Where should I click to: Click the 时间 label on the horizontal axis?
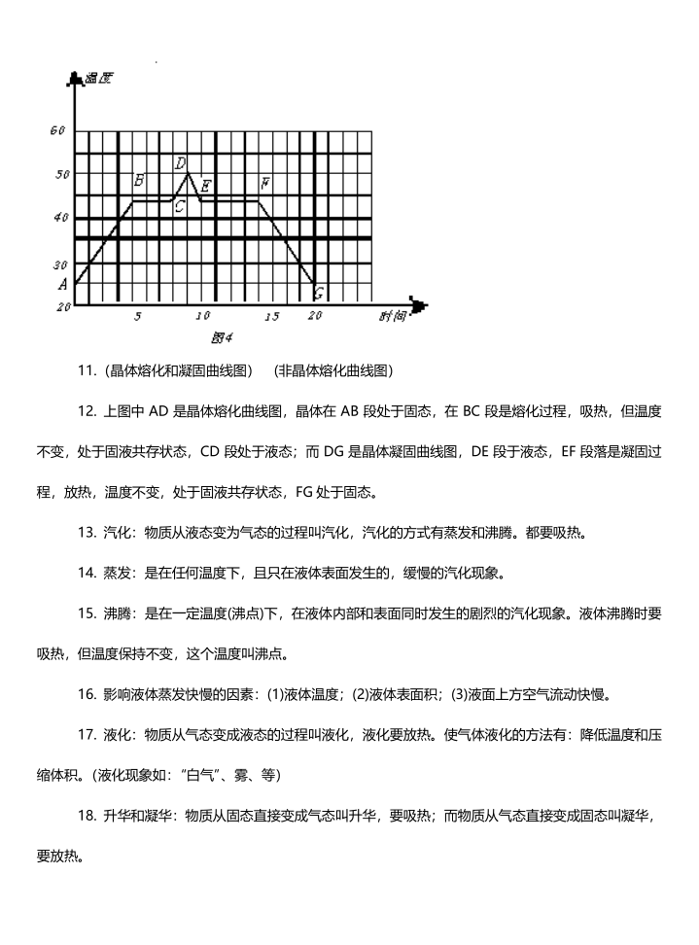[393, 315]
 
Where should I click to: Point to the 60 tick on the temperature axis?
[57, 130]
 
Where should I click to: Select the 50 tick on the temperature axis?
[61, 175]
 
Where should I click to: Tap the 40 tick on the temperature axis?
[61, 219]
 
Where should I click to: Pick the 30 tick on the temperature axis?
[61, 264]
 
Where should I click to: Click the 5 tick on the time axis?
[137, 317]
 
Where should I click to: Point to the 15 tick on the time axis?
[271, 317]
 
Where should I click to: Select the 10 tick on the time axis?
[202, 317]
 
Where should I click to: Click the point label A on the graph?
[63, 285]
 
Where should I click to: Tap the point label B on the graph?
[139, 181]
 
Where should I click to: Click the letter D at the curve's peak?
[181, 163]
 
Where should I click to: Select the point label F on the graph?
[264, 184]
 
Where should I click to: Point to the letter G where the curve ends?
[319, 294]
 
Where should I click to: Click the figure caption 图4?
[222, 337]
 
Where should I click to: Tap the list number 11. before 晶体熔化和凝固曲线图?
[87, 370]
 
